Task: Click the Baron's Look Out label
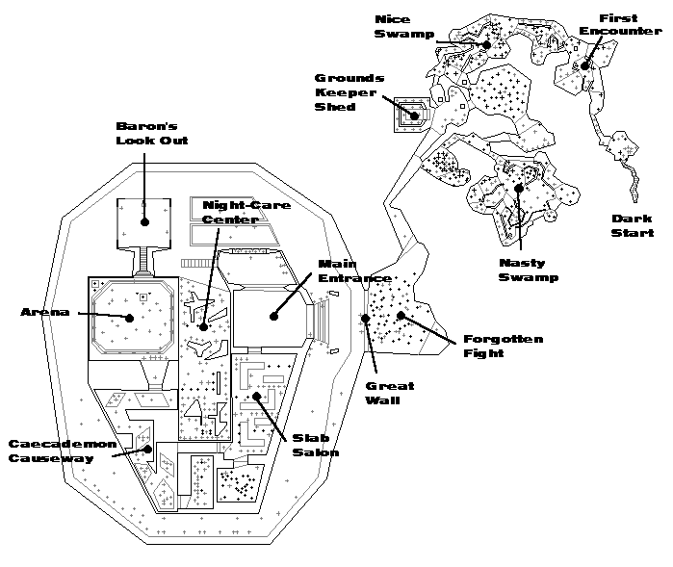(x=151, y=133)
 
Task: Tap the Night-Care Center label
(x=228, y=212)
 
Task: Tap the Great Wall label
(x=389, y=393)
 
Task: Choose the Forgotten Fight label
(x=503, y=346)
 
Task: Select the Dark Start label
(x=633, y=225)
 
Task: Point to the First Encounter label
(x=631, y=25)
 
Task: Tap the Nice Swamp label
(x=397, y=27)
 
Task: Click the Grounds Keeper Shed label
(x=349, y=92)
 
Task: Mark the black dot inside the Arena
(x=127, y=317)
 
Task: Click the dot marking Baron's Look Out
(x=144, y=221)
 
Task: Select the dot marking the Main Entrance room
(x=273, y=314)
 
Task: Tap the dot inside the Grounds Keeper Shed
(x=415, y=116)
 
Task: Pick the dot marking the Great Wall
(x=365, y=318)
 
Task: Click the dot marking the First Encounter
(x=583, y=65)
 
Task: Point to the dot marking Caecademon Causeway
(x=147, y=448)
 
